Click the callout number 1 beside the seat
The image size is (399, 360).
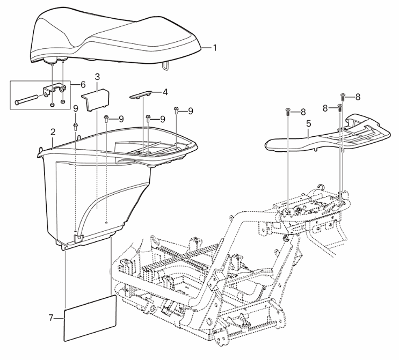(x=215, y=48)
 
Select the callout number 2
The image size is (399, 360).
(x=53, y=132)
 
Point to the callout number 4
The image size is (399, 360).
(x=165, y=92)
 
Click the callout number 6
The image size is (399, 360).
(x=83, y=85)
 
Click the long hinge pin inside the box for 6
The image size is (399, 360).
(x=27, y=99)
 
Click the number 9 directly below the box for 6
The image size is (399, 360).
(x=76, y=108)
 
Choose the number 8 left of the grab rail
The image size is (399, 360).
(x=303, y=112)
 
